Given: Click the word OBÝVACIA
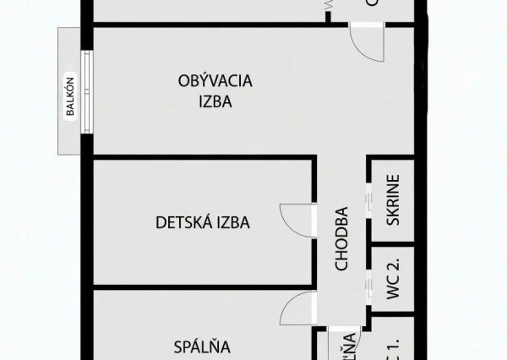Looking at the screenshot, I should point(215,81).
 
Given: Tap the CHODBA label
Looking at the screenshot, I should point(341,239).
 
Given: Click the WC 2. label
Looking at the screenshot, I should point(393,278).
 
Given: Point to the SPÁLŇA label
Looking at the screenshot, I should point(202,346).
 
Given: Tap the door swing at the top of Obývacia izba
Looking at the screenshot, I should point(368,42).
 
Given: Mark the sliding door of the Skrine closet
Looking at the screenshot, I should point(368,202).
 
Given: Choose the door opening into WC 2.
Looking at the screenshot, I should point(368,283).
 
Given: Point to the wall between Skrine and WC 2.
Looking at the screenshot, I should point(393,243).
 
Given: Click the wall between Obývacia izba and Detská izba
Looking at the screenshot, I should point(203,157).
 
